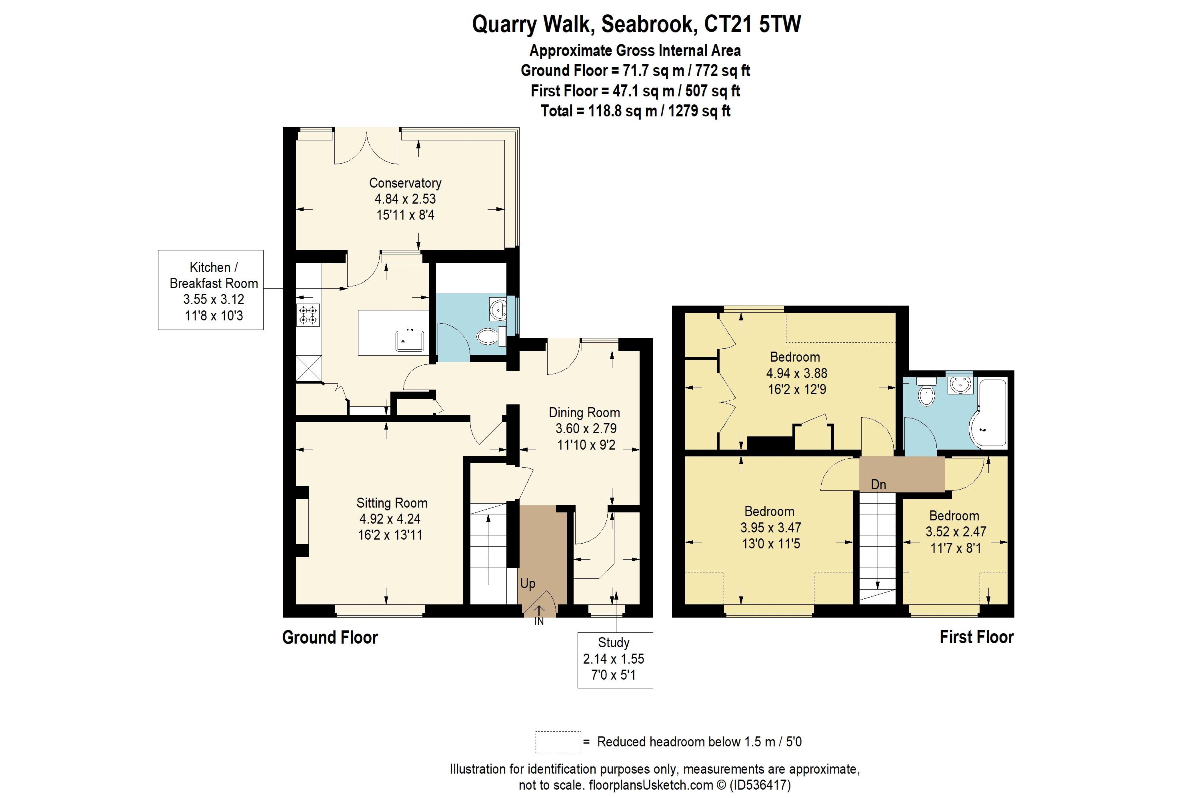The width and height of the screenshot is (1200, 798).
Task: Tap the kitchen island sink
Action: [x=410, y=340]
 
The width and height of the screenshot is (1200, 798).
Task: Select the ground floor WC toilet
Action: [x=488, y=336]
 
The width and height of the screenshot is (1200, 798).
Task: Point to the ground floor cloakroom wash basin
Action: [x=498, y=309]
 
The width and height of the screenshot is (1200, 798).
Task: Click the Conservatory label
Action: [x=405, y=183]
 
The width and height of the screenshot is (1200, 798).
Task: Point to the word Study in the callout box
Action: [x=613, y=643]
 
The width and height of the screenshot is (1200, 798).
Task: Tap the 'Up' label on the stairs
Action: [x=528, y=583]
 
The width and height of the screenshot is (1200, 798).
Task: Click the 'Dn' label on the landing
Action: [x=878, y=484]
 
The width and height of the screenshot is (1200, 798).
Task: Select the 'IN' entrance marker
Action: [x=539, y=621]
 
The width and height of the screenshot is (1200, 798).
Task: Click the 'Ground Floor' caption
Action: [x=330, y=637]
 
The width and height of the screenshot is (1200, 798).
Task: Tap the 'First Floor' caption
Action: [x=976, y=637]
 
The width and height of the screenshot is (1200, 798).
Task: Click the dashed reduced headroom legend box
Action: [x=558, y=742]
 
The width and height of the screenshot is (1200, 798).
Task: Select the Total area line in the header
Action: [x=635, y=111]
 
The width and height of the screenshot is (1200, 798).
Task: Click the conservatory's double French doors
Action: [x=366, y=146]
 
